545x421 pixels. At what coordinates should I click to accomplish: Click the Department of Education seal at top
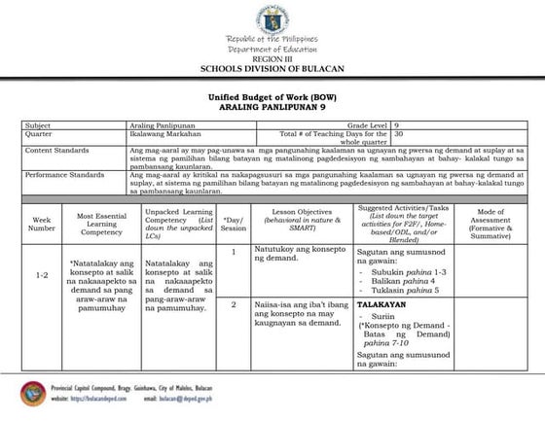pos(272,17)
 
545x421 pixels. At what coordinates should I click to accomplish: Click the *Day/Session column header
pos(234,223)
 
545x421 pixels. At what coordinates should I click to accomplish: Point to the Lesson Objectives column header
pos(299,223)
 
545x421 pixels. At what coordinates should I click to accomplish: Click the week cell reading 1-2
pos(42,276)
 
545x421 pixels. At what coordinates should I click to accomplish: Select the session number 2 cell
pos(234,304)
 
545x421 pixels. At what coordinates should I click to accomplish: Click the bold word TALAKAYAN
pos(380,304)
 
